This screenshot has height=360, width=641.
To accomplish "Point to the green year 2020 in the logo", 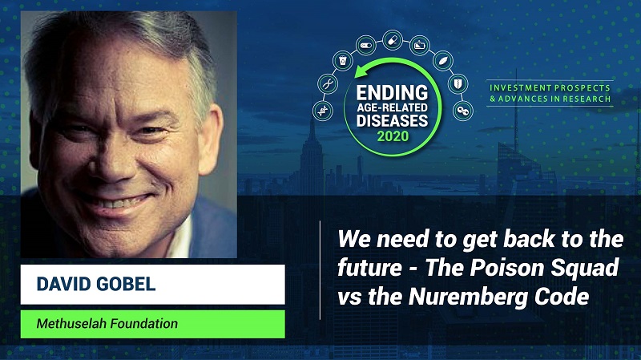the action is (393, 136).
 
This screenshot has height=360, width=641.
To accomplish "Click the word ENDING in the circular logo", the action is (392, 93).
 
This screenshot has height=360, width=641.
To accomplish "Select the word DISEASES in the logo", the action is (392, 121).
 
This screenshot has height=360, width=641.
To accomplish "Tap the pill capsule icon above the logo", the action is (393, 40).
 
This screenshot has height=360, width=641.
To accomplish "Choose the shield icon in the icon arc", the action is (458, 84).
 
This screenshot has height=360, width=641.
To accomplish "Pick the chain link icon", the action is (463, 111).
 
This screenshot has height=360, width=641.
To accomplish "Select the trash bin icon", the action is (342, 61).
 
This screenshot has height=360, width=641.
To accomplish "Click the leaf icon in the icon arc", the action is (443, 61).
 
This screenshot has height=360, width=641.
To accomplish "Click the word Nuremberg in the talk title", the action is (466, 297).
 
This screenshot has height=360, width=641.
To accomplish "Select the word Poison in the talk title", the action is (507, 269).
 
